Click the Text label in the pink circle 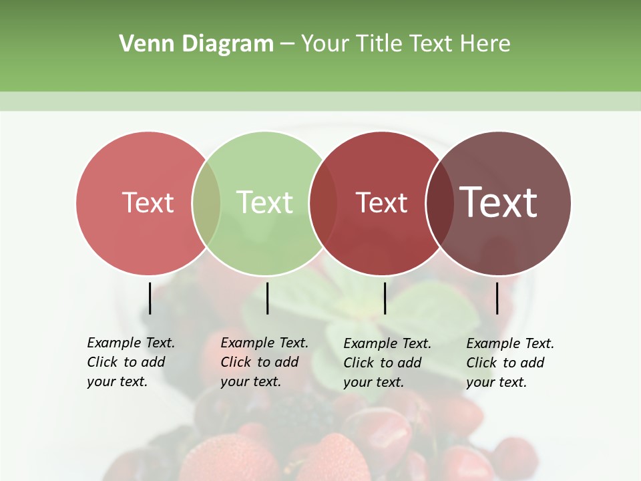(148, 202)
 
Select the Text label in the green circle (265, 202)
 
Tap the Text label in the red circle (381, 202)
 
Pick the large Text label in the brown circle (499, 202)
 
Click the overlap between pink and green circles (206, 203)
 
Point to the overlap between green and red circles (323, 203)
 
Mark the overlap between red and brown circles (439, 203)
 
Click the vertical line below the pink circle (150, 298)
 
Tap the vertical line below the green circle (267, 298)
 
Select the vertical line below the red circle (385, 298)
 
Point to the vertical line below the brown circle (497, 298)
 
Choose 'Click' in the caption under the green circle (236, 362)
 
